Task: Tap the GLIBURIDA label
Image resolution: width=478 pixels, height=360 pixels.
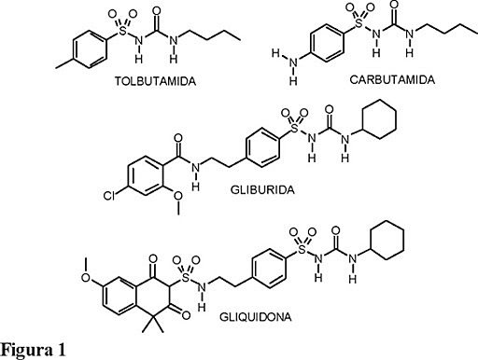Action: [x=260, y=187]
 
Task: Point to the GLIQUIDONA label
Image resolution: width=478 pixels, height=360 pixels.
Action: [x=290, y=317]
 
